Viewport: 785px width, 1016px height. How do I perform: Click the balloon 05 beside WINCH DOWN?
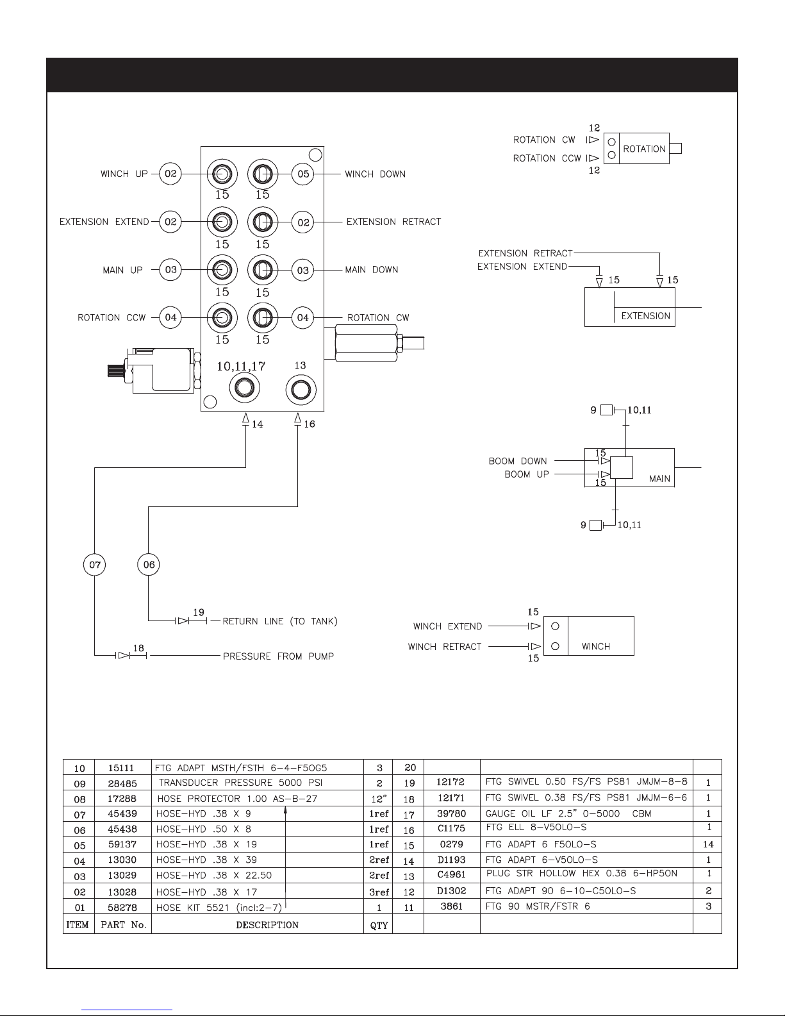click(x=302, y=174)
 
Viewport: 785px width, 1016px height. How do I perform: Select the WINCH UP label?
click(x=124, y=174)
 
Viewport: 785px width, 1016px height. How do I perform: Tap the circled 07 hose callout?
click(x=94, y=564)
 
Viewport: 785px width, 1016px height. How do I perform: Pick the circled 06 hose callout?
click(x=149, y=564)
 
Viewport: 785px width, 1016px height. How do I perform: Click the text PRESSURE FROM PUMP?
click(x=279, y=656)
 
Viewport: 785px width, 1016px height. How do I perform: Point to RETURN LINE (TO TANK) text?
click(x=280, y=621)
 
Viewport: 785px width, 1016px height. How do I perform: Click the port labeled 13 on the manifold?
click(x=301, y=390)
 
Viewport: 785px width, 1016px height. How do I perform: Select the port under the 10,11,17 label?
click(x=244, y=388)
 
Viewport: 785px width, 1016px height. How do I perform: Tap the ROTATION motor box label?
click(x=644, y=149)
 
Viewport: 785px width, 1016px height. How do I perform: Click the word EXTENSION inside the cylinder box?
click(x=645, y=315)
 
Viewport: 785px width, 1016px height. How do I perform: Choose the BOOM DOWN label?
click(x=518, y=461)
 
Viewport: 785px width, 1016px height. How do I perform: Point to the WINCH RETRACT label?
click(x=444, y=647)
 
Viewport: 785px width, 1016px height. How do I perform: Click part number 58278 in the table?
click(x=122, y=908)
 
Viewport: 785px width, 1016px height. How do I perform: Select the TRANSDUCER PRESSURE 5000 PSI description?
click(x=241, y=783)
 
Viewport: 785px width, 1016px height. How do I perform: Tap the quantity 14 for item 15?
click(x=708, y=844)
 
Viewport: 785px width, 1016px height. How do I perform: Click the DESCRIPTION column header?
click(x=267, y=925)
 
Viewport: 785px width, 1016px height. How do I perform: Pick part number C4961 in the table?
click(x=451, y=874)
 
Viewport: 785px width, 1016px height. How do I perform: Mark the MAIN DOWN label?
click(x=372, y=270)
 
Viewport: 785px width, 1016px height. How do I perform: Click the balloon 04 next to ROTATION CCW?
click(x=170, y=317)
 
